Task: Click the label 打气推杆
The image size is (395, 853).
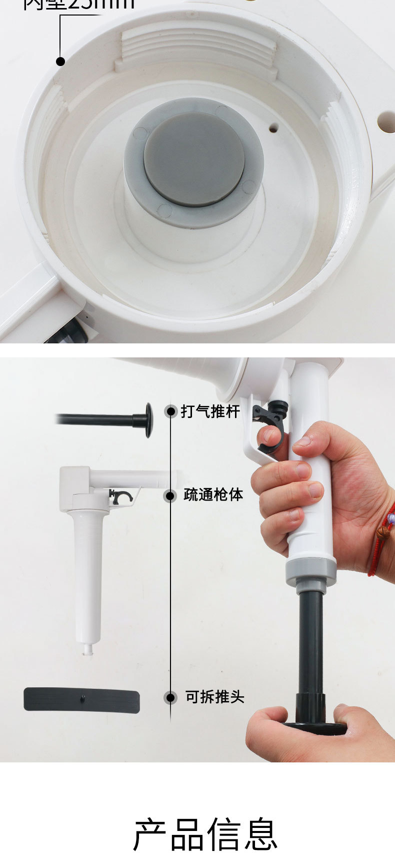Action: pos(210,412)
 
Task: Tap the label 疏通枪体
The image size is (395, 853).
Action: pos(213,495)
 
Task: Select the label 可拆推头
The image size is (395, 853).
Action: pos(214,697)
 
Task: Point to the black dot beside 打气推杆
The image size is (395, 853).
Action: pos(171,411)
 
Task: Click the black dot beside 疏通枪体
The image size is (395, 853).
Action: pos(171,496)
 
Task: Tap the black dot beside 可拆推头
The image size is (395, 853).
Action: pos(171,697)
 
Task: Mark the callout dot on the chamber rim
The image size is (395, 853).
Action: pos(60,62)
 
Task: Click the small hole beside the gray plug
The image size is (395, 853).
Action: pos(273,129)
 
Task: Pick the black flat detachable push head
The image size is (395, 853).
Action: pos(81,700)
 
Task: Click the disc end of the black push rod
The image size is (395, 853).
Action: pos(148,420)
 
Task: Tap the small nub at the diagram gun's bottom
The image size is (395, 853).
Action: pos(88,650)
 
